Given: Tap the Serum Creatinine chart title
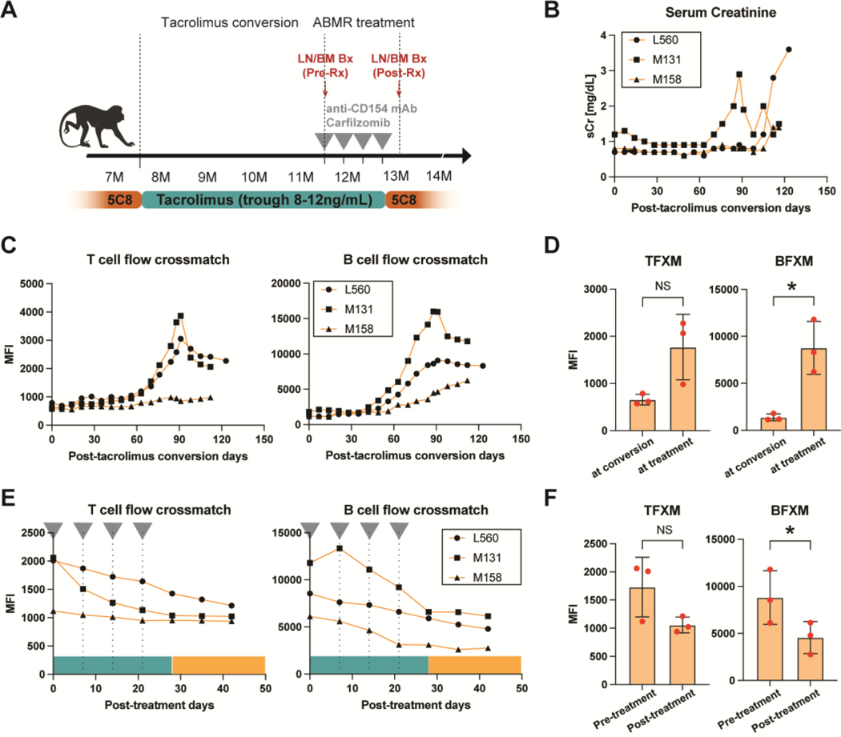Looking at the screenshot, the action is [x=720, y=12].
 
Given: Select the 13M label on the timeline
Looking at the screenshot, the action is [x=396, y=176].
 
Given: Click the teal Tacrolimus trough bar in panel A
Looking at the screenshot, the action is [x=264, y=200].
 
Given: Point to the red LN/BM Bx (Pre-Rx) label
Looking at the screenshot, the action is [x=325, y=66].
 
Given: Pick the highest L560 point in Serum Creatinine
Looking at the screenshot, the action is [x=788, y=50].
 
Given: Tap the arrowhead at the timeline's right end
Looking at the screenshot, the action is [x=466, y=155].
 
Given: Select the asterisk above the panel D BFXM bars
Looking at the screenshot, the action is [x=791, y=286].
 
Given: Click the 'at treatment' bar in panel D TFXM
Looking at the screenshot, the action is [x=682, y=389].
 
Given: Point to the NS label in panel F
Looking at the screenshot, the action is [x=664, y=530].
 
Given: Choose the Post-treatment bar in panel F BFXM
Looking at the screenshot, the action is [x=810, y=659].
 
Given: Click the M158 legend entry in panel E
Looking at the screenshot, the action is [x=477, y=577].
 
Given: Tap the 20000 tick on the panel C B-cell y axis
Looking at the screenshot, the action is [x=286, y=283].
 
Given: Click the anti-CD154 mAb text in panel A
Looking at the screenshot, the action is [x=371, y=108].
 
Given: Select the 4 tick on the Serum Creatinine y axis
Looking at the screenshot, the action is [x=604, y=35].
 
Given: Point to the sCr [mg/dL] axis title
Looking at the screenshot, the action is [x=590, y=106].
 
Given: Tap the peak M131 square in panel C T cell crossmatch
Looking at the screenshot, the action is [x=181, y=316].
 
